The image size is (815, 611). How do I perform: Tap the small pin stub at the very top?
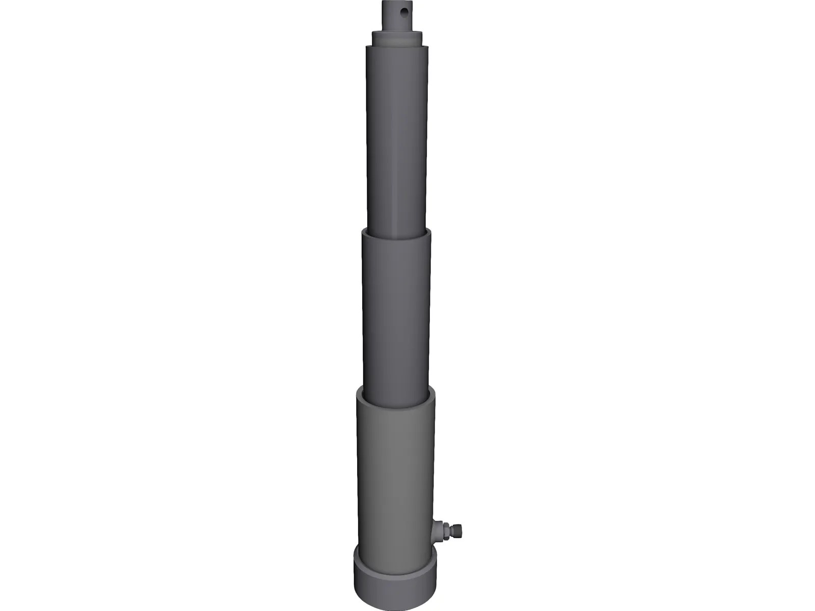pos(396,15)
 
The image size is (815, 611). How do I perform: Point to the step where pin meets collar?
pos(397,31)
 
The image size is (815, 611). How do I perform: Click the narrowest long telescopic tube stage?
pos(397,137)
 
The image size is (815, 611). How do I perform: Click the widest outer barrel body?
pos(396,468)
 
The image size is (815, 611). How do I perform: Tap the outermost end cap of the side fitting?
pos(459,530)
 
